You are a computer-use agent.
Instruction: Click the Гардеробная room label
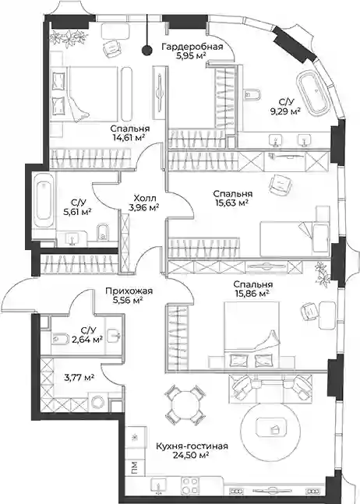click(192, 47)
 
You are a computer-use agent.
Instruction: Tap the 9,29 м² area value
click(285, 111)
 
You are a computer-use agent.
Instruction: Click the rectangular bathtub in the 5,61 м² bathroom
click(44, 204)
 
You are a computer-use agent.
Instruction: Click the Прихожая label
click(129, 291)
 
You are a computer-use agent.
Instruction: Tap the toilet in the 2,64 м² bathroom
click(61, 338)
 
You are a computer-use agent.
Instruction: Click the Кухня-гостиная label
click(192, 446)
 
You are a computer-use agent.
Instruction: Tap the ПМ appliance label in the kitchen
click(135, 467)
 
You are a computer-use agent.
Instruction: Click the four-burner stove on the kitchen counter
click(190, 485)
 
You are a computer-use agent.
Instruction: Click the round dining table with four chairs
click(185, 404)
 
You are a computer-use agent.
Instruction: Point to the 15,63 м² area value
click(231, 203)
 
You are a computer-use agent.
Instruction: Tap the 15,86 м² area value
click(252, 293)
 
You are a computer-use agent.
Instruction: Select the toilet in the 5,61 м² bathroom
click(103, 232)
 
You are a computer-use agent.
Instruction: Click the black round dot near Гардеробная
click(147, 50)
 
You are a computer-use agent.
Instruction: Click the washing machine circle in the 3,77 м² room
click(97, 401)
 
